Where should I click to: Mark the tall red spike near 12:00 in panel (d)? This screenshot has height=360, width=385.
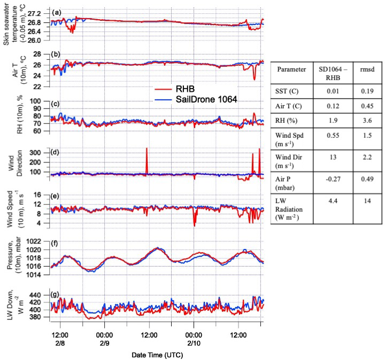pos(147,158)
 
